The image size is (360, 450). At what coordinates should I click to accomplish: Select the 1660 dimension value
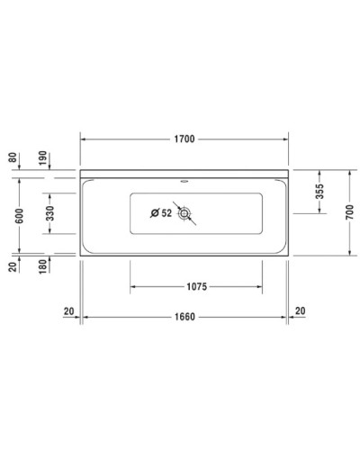tap(184, 317)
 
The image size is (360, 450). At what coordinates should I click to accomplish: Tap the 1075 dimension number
tap(197, 288)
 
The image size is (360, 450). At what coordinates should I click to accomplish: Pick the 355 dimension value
tap(320, 191)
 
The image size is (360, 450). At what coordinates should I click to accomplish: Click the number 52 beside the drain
tap(167, 213)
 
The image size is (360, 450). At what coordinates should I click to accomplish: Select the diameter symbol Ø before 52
tap(155, 213)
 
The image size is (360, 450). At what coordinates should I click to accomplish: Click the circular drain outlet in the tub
tap(185, 214)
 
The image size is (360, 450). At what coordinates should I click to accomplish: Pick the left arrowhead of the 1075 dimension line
tap(133, 288)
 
